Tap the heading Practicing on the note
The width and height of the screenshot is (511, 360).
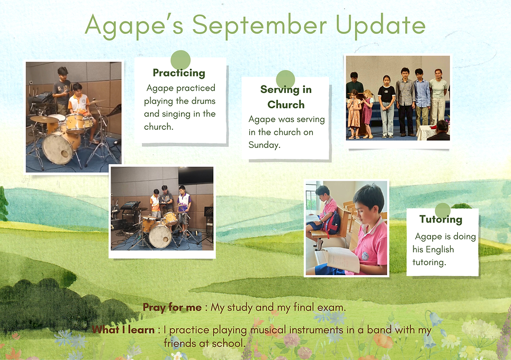[179, 73]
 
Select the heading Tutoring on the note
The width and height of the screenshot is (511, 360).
[441, 220]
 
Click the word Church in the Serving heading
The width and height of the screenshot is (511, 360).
[286, 105]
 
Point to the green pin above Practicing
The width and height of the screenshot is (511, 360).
[180, 60]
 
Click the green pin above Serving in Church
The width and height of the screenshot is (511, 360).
[286, 79]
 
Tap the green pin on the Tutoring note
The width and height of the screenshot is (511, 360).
[443, 210]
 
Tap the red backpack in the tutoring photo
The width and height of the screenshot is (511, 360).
[333, 223]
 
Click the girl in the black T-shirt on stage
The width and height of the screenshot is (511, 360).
[386, 106]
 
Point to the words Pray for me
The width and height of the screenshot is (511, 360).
[172, 307]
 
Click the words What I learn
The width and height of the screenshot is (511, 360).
[123, 330]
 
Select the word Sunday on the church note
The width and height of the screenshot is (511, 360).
[264, 145]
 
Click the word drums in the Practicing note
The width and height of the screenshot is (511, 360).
[203, 101]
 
